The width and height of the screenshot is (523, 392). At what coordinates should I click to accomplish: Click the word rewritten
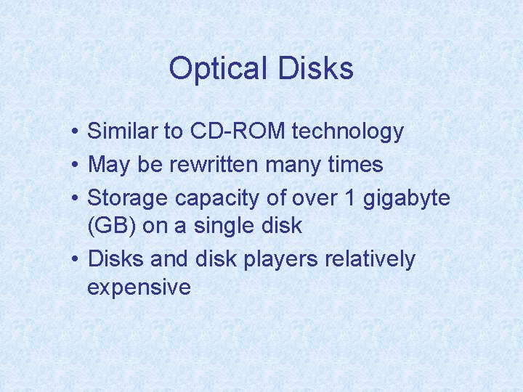[x=214, y=165]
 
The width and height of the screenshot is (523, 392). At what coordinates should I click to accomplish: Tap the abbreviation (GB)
[x=111, y=226]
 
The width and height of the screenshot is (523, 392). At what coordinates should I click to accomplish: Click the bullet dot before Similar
[x=76, y=132]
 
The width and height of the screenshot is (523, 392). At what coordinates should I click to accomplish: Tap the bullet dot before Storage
[x=76, y=199]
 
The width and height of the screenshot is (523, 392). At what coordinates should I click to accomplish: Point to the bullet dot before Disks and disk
[x=76, y=260]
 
